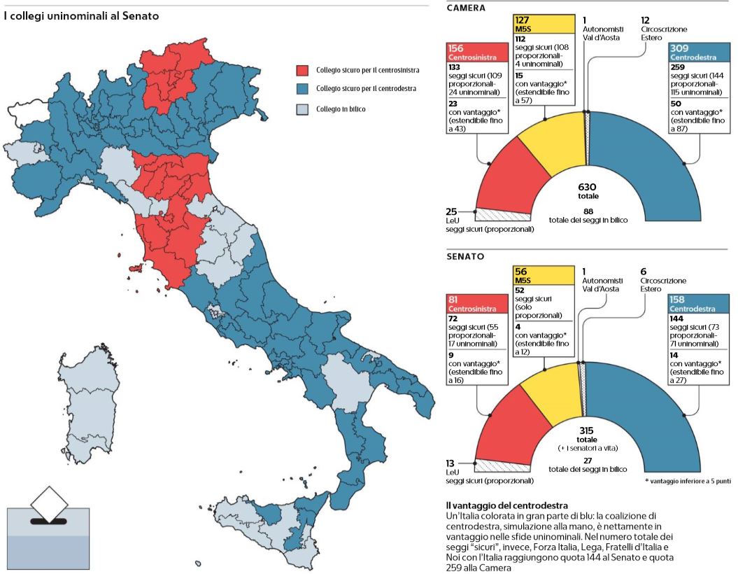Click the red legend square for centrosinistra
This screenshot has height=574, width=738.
click(x=302, y=71)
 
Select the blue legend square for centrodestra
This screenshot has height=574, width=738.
click(x=302, y=90)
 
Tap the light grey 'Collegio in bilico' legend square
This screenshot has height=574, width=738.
click(x=302, y=109)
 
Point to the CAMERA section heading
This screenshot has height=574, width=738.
click(x=467, y=8)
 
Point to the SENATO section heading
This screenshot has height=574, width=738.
click(x=465, y=256)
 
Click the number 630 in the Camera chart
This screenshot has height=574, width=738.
click(x=587, y=187)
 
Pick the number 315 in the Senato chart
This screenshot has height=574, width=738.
click(x=587, y=430)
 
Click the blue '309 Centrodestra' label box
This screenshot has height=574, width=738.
click(x=699, y=52)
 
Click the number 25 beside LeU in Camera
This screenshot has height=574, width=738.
click(x=452, y=211)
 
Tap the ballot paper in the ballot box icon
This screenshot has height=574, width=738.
click(x=48, y=503)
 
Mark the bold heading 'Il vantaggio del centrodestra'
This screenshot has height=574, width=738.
click(x=506, y=505)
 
